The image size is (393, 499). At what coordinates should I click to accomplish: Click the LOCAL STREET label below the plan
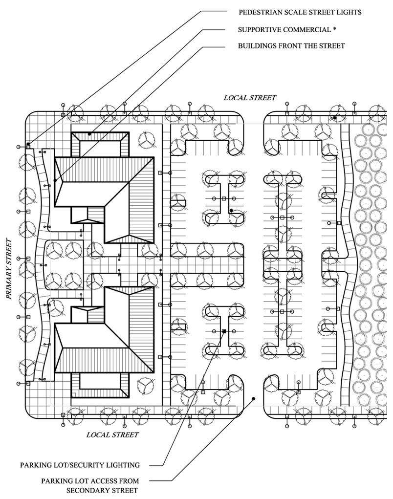coord(112,434)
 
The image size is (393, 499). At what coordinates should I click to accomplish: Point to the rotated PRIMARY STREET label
coord(8,268)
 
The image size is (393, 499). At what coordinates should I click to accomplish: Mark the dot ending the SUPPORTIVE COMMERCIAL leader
coord(89,133)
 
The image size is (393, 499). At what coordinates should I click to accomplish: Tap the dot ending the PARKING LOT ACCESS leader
coord(254,399)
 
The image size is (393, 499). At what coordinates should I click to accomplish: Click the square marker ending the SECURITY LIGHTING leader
coord(224,331)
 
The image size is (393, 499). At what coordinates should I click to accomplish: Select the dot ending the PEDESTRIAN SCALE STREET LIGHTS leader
coord(28,144)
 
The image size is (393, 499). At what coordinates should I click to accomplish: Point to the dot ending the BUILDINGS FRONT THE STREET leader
coord(56,181)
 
